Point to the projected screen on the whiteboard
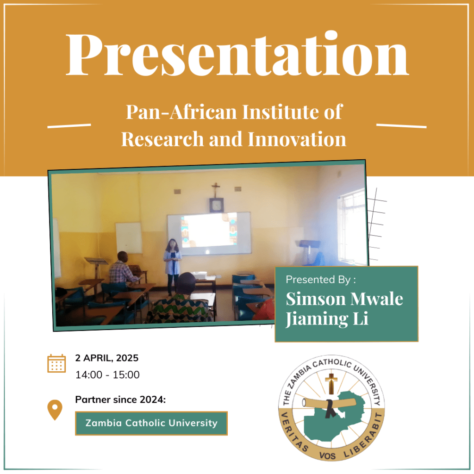pos(209,230)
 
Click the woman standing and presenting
pos(173,264)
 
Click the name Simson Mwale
pos(344,299)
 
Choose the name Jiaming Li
pos(327,320)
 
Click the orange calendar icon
pos(56,363)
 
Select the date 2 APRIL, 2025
pos(107,358)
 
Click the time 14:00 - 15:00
pos(107,374)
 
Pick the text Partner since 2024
pos(120,400)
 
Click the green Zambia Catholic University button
pos(151,423)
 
